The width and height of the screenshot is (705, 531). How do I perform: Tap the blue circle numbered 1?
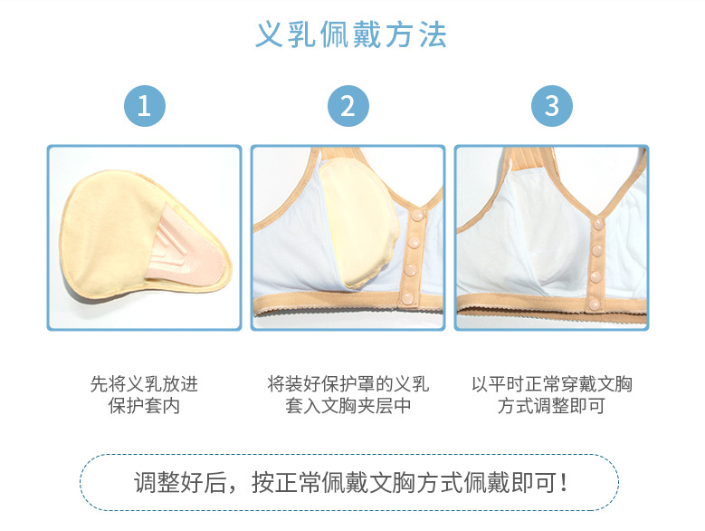tap(145, 106)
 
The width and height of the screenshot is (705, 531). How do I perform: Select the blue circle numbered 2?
tap(348, 106)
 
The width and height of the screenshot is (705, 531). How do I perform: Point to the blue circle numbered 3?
tap(552, 106)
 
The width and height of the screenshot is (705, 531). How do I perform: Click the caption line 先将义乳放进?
tap(144, 384)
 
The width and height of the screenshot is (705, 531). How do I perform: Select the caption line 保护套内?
tap(144, 406)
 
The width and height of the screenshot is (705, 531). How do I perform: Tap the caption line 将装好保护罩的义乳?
tap(348, 384)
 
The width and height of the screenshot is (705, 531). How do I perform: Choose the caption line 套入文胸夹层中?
tap(348, 406)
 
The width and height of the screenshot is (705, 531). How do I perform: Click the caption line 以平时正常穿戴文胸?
tap(551, 384)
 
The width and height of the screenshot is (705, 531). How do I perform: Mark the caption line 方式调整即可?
tap(551, 406)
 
